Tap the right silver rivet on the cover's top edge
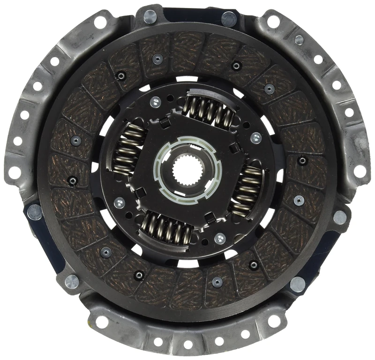[x=229, y=19]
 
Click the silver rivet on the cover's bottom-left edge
[x=72, y=282]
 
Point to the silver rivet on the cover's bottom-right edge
[x=297, y=284]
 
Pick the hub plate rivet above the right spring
[x=255, y=138]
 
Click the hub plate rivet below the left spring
[x=120, y=203]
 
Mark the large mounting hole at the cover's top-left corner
[x=100, y=21]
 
